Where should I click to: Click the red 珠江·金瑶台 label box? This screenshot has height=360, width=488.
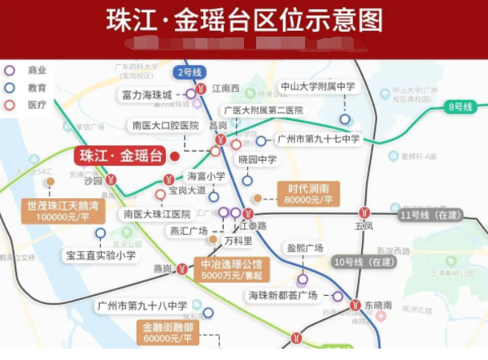coord(119,156)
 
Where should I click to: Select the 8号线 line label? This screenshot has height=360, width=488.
coord(460,106)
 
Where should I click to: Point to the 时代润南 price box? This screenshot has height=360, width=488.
coord(307,193)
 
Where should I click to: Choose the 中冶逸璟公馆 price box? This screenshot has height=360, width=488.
coord(230,269)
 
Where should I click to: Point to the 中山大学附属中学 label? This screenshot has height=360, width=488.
coord(318,86)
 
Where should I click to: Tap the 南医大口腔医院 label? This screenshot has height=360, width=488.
coord(165,125)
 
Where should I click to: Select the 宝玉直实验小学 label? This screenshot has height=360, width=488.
coord(101,255)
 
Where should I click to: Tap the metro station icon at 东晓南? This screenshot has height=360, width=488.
coord(355,305)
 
